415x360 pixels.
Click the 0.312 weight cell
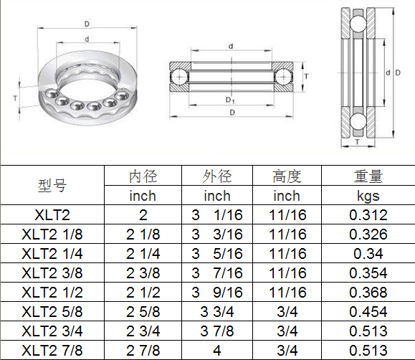[x=368, y=214]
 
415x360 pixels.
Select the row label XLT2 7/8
[x=52, y=350]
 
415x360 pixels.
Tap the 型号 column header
[x=52, y=186]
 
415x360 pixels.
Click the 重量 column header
[x=368, y=176]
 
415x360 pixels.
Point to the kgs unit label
[x=368, y=195]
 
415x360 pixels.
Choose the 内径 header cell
[x=143, y=176]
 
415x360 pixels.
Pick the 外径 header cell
[x=217, y=176]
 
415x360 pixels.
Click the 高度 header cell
[x=287, y=176]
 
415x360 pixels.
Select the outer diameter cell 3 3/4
[x=217, y=311]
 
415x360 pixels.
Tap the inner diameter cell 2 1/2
[x=143, y=292]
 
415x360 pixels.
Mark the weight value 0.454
[x=368, y=311]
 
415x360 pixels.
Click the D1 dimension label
[x=230, y=100]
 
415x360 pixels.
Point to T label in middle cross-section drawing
[x=306, y=75]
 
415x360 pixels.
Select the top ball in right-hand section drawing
[x=356, y=25]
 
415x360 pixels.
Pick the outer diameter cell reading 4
[x=217, y=350]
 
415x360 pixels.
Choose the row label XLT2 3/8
[x=52, y=273]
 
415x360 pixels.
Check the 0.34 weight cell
[x=368, y=253]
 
